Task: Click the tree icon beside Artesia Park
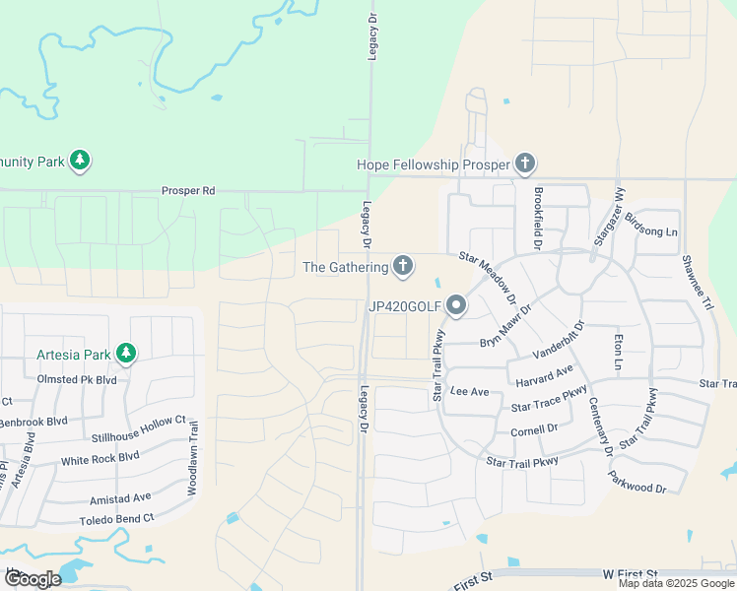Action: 125,353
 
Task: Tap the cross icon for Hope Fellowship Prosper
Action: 525,164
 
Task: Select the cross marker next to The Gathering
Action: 402,266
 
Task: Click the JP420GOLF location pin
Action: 455,306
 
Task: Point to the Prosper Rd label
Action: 188,190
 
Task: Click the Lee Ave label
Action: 469,391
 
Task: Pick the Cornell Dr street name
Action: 534,430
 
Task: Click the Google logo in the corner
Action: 33,579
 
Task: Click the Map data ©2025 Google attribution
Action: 675,583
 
